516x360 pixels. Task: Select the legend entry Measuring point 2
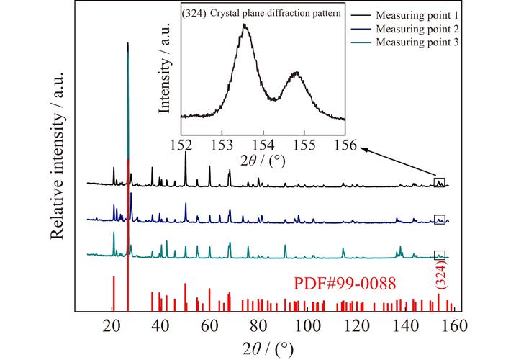(x=420, y=30)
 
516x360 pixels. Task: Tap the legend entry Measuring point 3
(x=420, y=42)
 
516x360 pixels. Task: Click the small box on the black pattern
(x=440, y=182)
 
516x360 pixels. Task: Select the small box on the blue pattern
(x=440, y=219)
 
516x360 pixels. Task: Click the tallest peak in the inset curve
(x=245, y=26)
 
